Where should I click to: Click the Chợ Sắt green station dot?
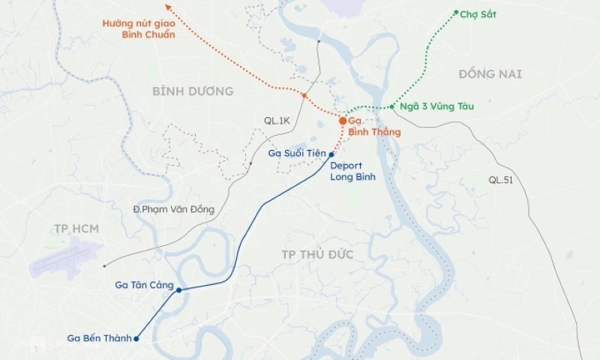pos(456,12)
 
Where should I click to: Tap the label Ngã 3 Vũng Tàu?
pos(436,106)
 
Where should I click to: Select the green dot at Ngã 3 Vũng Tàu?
pos(392,106)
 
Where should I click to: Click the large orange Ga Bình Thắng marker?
pos(343,120)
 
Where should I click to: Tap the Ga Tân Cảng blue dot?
pos(178,290)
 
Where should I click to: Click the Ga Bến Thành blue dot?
pos(136,339)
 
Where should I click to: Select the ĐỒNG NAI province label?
pos(490,73)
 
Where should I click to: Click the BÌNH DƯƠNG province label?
pos(193,91)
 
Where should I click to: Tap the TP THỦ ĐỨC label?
pos(317,254)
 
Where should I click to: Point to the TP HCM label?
pos(76,227)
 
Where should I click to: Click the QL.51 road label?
pos(501,179)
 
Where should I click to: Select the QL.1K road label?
pos(277,120)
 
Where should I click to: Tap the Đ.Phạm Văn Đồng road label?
pos(173,209)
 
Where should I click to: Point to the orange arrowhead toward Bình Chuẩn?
pos(168,7)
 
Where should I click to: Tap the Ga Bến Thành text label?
pos(99,338)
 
